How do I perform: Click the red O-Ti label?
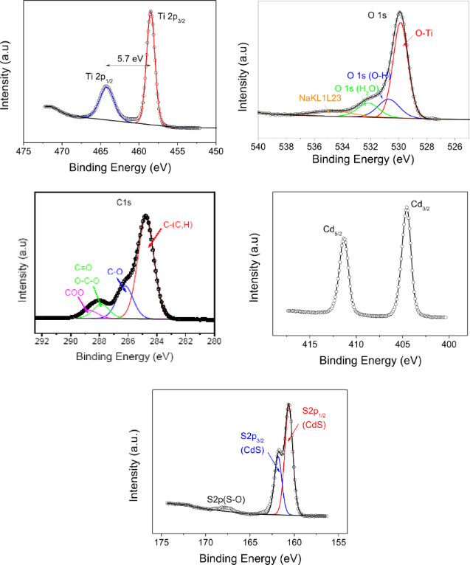pyautogui.click(x=424, y=33)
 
